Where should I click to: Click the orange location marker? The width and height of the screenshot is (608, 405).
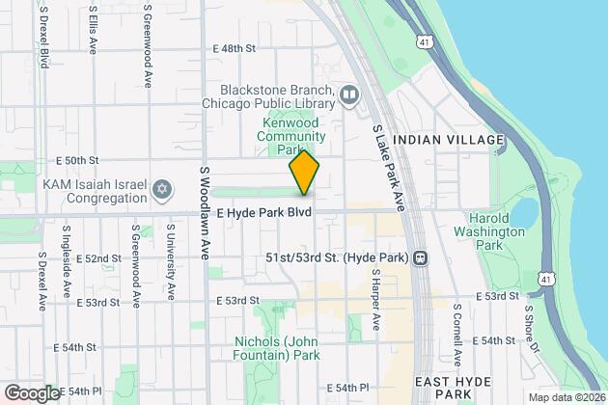(x=304, y=174)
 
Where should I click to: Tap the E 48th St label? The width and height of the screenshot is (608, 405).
(x=235, y=47)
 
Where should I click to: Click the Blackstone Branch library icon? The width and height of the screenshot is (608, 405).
(x=349, y=94)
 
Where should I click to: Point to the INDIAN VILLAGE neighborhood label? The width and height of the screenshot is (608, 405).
(x=457, y=140)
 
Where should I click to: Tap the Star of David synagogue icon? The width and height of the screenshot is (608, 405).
(x=162, y=185)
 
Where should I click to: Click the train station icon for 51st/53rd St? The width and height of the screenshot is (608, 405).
(x=420, y=258)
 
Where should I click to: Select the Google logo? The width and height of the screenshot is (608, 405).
(x=32, y=392)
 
